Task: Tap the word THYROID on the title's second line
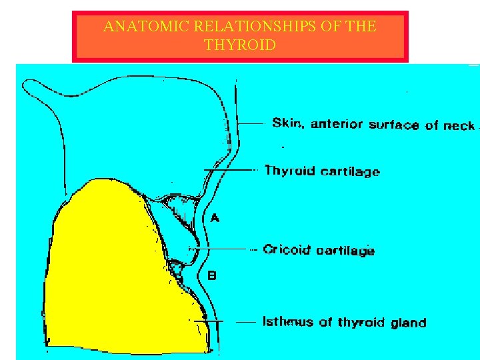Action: tap(240, 45)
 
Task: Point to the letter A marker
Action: tap(215, 217)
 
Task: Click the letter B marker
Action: tap(212, 274)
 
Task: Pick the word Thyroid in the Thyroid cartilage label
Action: tap(289, 171)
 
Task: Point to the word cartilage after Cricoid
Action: tap(345, 251)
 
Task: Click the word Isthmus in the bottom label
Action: tap(287, 322)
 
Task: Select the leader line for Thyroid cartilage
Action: tap(233, 170)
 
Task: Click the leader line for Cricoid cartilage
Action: tap(223, 249)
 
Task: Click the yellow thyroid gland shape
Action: tap(113, 267)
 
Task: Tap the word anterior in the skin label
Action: tap(336, 124)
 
